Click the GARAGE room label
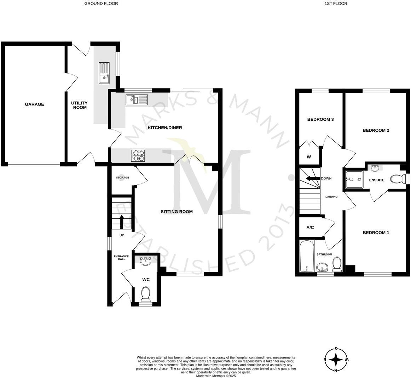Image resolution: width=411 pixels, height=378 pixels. [34, 104]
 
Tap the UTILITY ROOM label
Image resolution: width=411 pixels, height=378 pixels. [80, 105]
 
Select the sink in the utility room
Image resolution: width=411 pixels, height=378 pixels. [104, 73]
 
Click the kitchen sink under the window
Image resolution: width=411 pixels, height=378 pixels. [137, 99]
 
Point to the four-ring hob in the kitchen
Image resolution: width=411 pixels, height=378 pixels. [138, 156]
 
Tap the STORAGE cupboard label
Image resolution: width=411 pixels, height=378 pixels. [122, 178]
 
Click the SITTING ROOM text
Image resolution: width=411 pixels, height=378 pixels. [176, 212]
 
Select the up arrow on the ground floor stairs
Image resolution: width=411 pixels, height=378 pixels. [121, 222]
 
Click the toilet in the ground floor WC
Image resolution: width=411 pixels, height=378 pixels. [145, 293]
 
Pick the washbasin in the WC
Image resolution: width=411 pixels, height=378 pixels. [146, 261]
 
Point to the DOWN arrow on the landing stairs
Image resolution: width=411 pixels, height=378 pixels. [311, 178]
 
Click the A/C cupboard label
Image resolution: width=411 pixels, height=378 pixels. [310, 228]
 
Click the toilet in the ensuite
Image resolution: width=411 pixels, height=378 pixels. [398, 179]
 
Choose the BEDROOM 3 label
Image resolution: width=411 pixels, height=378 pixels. [320, 119]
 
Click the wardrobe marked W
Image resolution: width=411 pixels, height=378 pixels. [309, 157]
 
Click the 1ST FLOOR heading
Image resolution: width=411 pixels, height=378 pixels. [336, 4]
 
